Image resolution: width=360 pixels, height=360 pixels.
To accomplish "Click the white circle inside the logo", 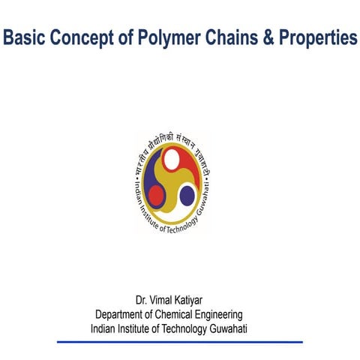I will tap(172, 159).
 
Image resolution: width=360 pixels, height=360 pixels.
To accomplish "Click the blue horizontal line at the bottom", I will tap(180, 341).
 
